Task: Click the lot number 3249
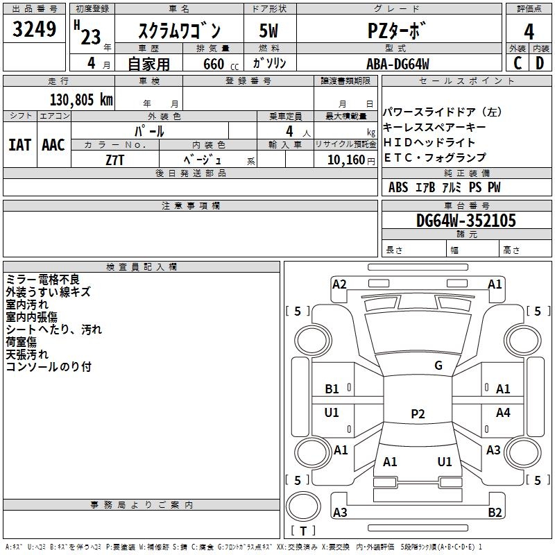point(34,29)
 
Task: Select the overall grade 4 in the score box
point(529,32)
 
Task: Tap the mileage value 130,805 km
point(81,100)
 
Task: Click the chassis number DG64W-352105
point(466,221)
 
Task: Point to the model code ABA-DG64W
point(398,64)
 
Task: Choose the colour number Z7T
point(114,160)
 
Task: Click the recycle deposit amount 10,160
point(346,160)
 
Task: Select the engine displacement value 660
point(214,64)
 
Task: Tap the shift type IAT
point(20,145)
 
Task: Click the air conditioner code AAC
point(53,145)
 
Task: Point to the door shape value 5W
point(268,31)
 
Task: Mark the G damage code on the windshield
point(438,366)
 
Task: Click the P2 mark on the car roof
point(418,413)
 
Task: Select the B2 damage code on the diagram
point(495,512)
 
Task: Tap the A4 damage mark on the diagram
point(503,412)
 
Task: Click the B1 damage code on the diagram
point(332,389)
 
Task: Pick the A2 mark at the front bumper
point(339,284)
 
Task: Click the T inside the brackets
point(303,531)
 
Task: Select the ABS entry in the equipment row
point(398,187)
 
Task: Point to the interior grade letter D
point(540,63)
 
